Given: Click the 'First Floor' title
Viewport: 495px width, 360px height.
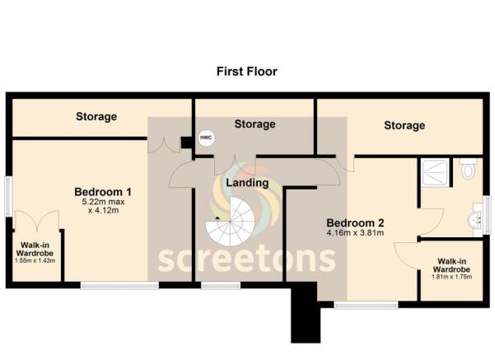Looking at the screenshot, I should tap(247, 72).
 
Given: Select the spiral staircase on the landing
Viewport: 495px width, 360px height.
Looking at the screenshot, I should tap(233, 224).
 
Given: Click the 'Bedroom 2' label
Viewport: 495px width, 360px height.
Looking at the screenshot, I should tap(355, 222).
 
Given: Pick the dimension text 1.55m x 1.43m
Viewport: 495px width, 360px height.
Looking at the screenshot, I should tap(35, 260).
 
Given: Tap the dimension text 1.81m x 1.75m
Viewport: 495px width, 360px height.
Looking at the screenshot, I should tap(451, 277).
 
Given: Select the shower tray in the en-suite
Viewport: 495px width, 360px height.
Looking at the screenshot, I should tap(437, 174).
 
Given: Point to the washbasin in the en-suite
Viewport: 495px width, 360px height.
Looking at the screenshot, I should tap(476, 220).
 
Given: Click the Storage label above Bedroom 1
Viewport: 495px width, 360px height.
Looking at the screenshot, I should tap(97, 117).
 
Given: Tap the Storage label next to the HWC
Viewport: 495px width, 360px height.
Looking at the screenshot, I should tap(255, 124).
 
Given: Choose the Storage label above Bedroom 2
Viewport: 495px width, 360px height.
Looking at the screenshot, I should tap(404, 125).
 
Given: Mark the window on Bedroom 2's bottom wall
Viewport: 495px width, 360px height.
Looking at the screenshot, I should tap(366, 305).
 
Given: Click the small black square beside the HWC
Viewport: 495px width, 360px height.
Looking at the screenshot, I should tap(187, 142).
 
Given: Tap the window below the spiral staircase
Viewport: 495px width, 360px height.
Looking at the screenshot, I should tap(216, 286).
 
